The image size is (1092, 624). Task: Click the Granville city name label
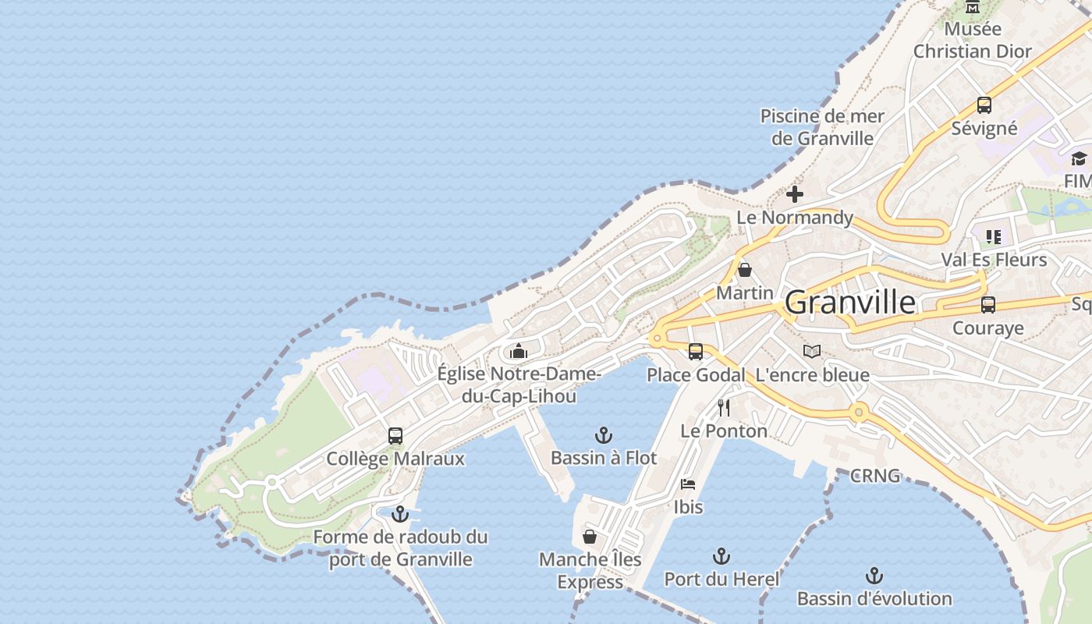click(x=850, y=302)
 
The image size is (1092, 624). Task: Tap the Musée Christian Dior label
click(x=972, y=41)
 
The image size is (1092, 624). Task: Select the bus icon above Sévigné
click(x=984, y=105)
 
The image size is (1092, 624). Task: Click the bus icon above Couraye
click(x=988, y=305)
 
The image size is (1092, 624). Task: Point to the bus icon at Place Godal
click(x=696, y=352)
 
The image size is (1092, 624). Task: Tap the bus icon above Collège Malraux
click(x=395, y=436)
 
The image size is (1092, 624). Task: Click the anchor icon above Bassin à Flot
click(x=603, y=435)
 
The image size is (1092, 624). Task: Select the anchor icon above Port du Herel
click(x=721, y=556)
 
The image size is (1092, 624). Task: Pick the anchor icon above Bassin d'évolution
click(x=874, y=576)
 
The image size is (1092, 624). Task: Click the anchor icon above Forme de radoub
click(x=400, y=514)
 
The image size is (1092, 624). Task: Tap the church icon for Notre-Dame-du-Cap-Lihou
click(x=519, y=352)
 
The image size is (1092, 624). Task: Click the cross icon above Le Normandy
click(x=795, y=194)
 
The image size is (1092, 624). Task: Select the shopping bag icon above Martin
click(x=745, y=271)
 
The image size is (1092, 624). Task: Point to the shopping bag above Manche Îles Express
click(x=590, y=537)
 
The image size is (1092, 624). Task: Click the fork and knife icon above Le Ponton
click(x=724, y=407)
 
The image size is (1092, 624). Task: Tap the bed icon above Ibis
click(x=688, y=484)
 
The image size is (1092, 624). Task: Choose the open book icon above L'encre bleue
click(x=812, y=352)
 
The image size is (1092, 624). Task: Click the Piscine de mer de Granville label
click(x=822, y=127)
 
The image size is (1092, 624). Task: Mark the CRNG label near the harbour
click(x=875, y=476)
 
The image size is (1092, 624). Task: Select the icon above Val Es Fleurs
click(x=993, y=236)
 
